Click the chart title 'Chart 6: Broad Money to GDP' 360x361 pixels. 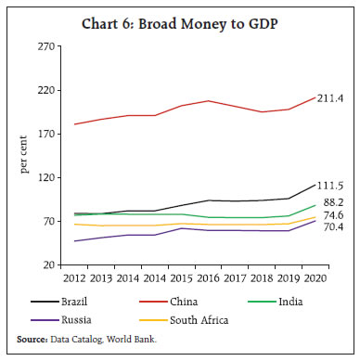tap(179, 23)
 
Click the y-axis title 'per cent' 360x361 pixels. tap(25, 155)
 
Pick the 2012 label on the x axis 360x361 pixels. tap(73, 277)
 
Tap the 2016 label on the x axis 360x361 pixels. tap(212, 277)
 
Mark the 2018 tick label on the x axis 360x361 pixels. tap(264, 277)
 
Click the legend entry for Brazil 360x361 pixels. tap(81, 302)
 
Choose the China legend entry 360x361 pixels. tap(190, 302)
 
